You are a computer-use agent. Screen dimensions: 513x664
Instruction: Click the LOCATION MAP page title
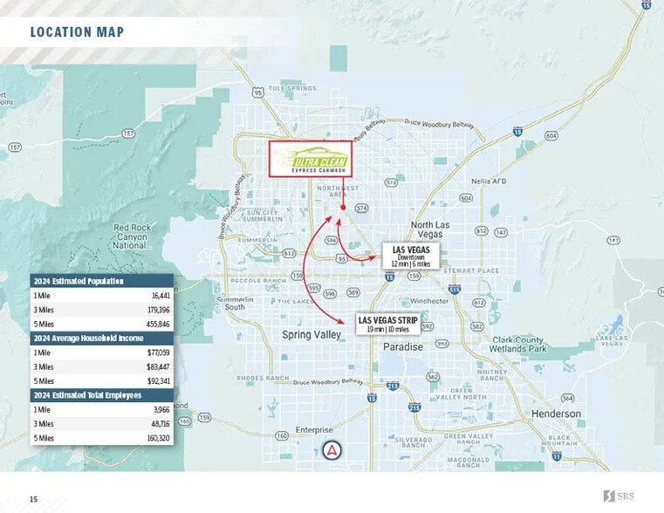point(77,32)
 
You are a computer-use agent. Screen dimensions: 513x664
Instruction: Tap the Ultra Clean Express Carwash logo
point(310,161)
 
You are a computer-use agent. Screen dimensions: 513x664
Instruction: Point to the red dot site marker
point(343,208)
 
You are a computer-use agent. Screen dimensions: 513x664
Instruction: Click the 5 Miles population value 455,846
point(158,324)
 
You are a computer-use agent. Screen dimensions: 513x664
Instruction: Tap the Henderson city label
point(556,414)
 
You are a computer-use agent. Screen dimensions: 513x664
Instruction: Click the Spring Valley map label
point(311,335)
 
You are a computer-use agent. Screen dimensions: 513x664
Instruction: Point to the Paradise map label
point(402,346)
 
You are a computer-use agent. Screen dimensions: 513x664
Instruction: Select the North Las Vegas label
point(428,229)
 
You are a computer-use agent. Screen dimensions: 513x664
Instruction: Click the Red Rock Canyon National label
point(132,236)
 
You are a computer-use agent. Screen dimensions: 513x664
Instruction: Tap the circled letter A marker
point(332,451)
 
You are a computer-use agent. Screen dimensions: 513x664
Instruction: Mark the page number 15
point(34,499)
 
